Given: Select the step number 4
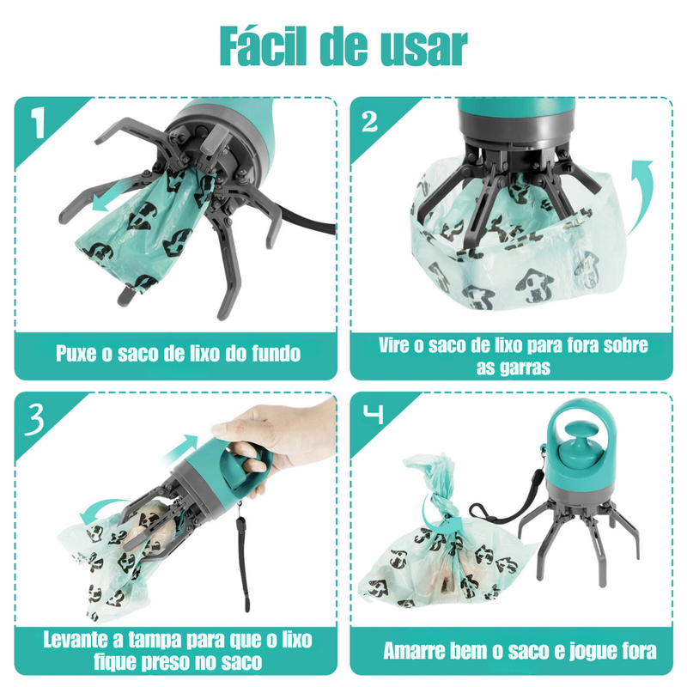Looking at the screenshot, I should (x=371, y=417).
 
